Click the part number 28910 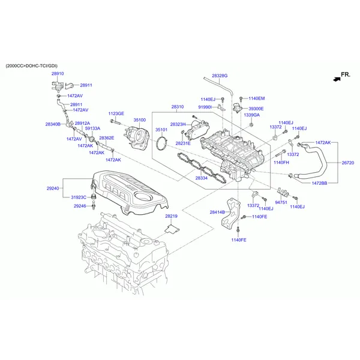click(57, 73)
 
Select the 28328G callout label click(220, 76)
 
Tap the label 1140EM click(256, 98)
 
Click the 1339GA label click(252, 115)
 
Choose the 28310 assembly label click(178, 107)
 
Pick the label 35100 click(140, 120)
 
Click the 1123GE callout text click(116, 113)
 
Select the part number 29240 click(53, 188)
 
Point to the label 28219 click(172, 216)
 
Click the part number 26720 click(348, 163)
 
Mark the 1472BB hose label click(319, 182)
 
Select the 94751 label click(281, 202)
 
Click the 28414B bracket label click(217, 212)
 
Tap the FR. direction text click(345, 74)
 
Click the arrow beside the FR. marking click(332, 78)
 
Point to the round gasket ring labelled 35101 click(161, 145)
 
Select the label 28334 click(202, 178)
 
